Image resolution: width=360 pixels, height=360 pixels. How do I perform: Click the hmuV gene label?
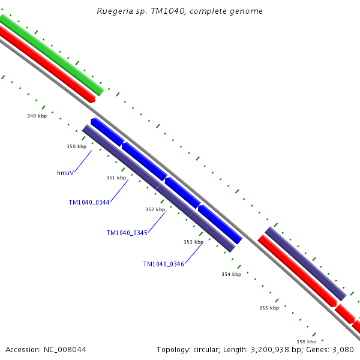click(x=65, y=173)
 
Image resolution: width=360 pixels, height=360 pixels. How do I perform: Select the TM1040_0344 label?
click(x=89, y=203)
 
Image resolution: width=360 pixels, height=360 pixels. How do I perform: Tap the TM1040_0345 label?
click(x=127, y=233)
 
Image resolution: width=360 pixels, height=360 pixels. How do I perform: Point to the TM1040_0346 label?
click(x=163, y=264)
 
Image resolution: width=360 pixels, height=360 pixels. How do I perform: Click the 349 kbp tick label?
click(x=37, y=116)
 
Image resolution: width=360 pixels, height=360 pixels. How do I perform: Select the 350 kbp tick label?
click(x=76, y=146)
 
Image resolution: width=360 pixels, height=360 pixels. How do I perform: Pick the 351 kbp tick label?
click(x=116, y=178)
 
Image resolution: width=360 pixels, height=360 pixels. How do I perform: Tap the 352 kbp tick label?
click(x=155, y=209)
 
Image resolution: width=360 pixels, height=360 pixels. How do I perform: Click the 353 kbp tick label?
click(x=193, y=242)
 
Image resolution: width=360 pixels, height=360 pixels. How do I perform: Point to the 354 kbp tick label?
click(x=231, y=274)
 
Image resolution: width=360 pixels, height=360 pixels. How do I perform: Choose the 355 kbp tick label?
click(x=269, y=308)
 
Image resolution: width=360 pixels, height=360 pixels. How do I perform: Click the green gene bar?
click(x=51, y=54)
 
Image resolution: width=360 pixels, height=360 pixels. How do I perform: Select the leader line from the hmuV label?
click(x=83, y=160)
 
